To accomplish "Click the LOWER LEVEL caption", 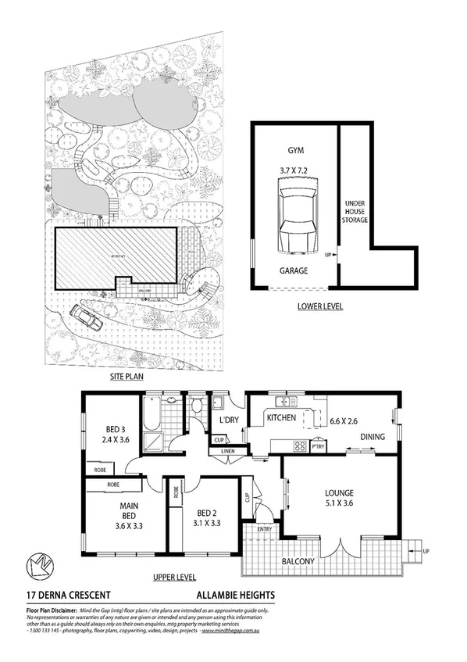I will (x=320, y=307).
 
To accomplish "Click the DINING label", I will (x=373, y=437).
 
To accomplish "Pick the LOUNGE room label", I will (x=340, y=493).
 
